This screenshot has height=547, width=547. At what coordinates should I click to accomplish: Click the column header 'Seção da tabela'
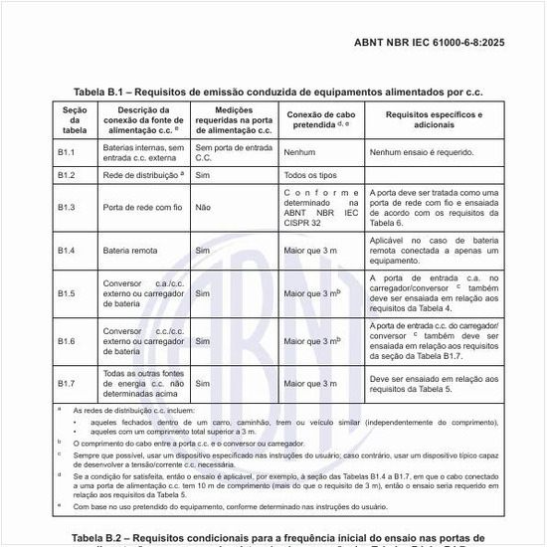pos(75,120)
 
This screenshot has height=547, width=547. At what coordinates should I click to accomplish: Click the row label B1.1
pos(67,152)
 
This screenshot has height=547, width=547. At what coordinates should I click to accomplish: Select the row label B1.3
pos(67,208)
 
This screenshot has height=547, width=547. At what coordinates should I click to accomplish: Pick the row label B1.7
pos(67,382)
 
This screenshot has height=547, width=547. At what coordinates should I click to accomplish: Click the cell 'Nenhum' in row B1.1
pos(299,153)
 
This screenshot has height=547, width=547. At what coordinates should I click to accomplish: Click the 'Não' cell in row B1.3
pos(203,208)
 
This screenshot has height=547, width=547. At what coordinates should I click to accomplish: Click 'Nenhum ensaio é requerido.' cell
pos(422,153)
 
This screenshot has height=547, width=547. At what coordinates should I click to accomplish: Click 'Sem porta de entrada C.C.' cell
pos(232,152)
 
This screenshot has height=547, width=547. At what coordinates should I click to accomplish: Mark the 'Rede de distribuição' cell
pos(143,175)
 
